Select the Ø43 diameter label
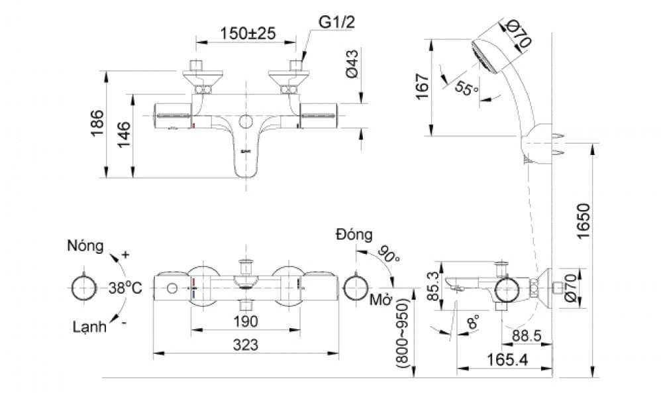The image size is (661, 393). coord(352,64)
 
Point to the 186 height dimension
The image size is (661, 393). coord(97,123)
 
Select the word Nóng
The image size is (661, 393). coord(85,247)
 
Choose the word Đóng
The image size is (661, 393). coord(354,235)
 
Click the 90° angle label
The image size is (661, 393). coord(389,255)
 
